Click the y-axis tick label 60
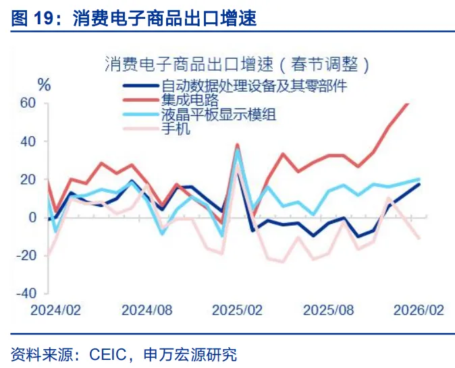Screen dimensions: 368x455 [x=27, y=103]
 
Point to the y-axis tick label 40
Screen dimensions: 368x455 [x=27, y=142]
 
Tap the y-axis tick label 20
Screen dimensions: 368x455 [x=27, y=179]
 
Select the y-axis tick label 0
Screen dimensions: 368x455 [x=31, y=217]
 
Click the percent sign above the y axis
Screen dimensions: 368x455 [x=44, y=85]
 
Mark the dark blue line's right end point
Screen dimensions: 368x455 [x=419, y=184]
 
